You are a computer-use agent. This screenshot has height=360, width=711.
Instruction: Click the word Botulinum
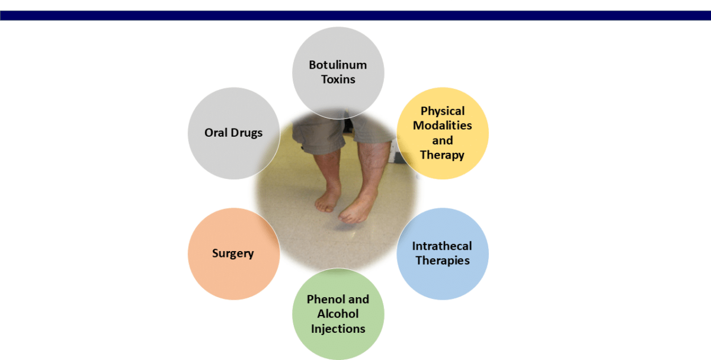(338, 65)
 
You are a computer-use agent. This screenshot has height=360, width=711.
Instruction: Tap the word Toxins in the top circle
(338, 79)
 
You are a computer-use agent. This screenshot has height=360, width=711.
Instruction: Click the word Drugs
(248, 133)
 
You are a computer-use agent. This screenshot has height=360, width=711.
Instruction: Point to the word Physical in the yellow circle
(443, 111)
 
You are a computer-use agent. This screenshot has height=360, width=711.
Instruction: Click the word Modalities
(443, 126)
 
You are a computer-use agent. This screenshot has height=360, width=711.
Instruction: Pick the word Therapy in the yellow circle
(443, 155)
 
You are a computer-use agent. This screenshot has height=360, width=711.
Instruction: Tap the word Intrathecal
(442, 246)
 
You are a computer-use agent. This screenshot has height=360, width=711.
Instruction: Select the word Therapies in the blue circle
(442, 261)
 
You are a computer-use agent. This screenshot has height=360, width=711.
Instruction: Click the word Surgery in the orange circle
(233, 253)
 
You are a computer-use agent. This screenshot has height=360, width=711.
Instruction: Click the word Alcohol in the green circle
(338, 314)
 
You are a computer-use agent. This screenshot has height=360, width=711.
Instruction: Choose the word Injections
(338, 329)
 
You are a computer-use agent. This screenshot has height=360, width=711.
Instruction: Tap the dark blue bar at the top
(355, 15)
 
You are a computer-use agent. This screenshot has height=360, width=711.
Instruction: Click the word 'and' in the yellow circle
(443, 140)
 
